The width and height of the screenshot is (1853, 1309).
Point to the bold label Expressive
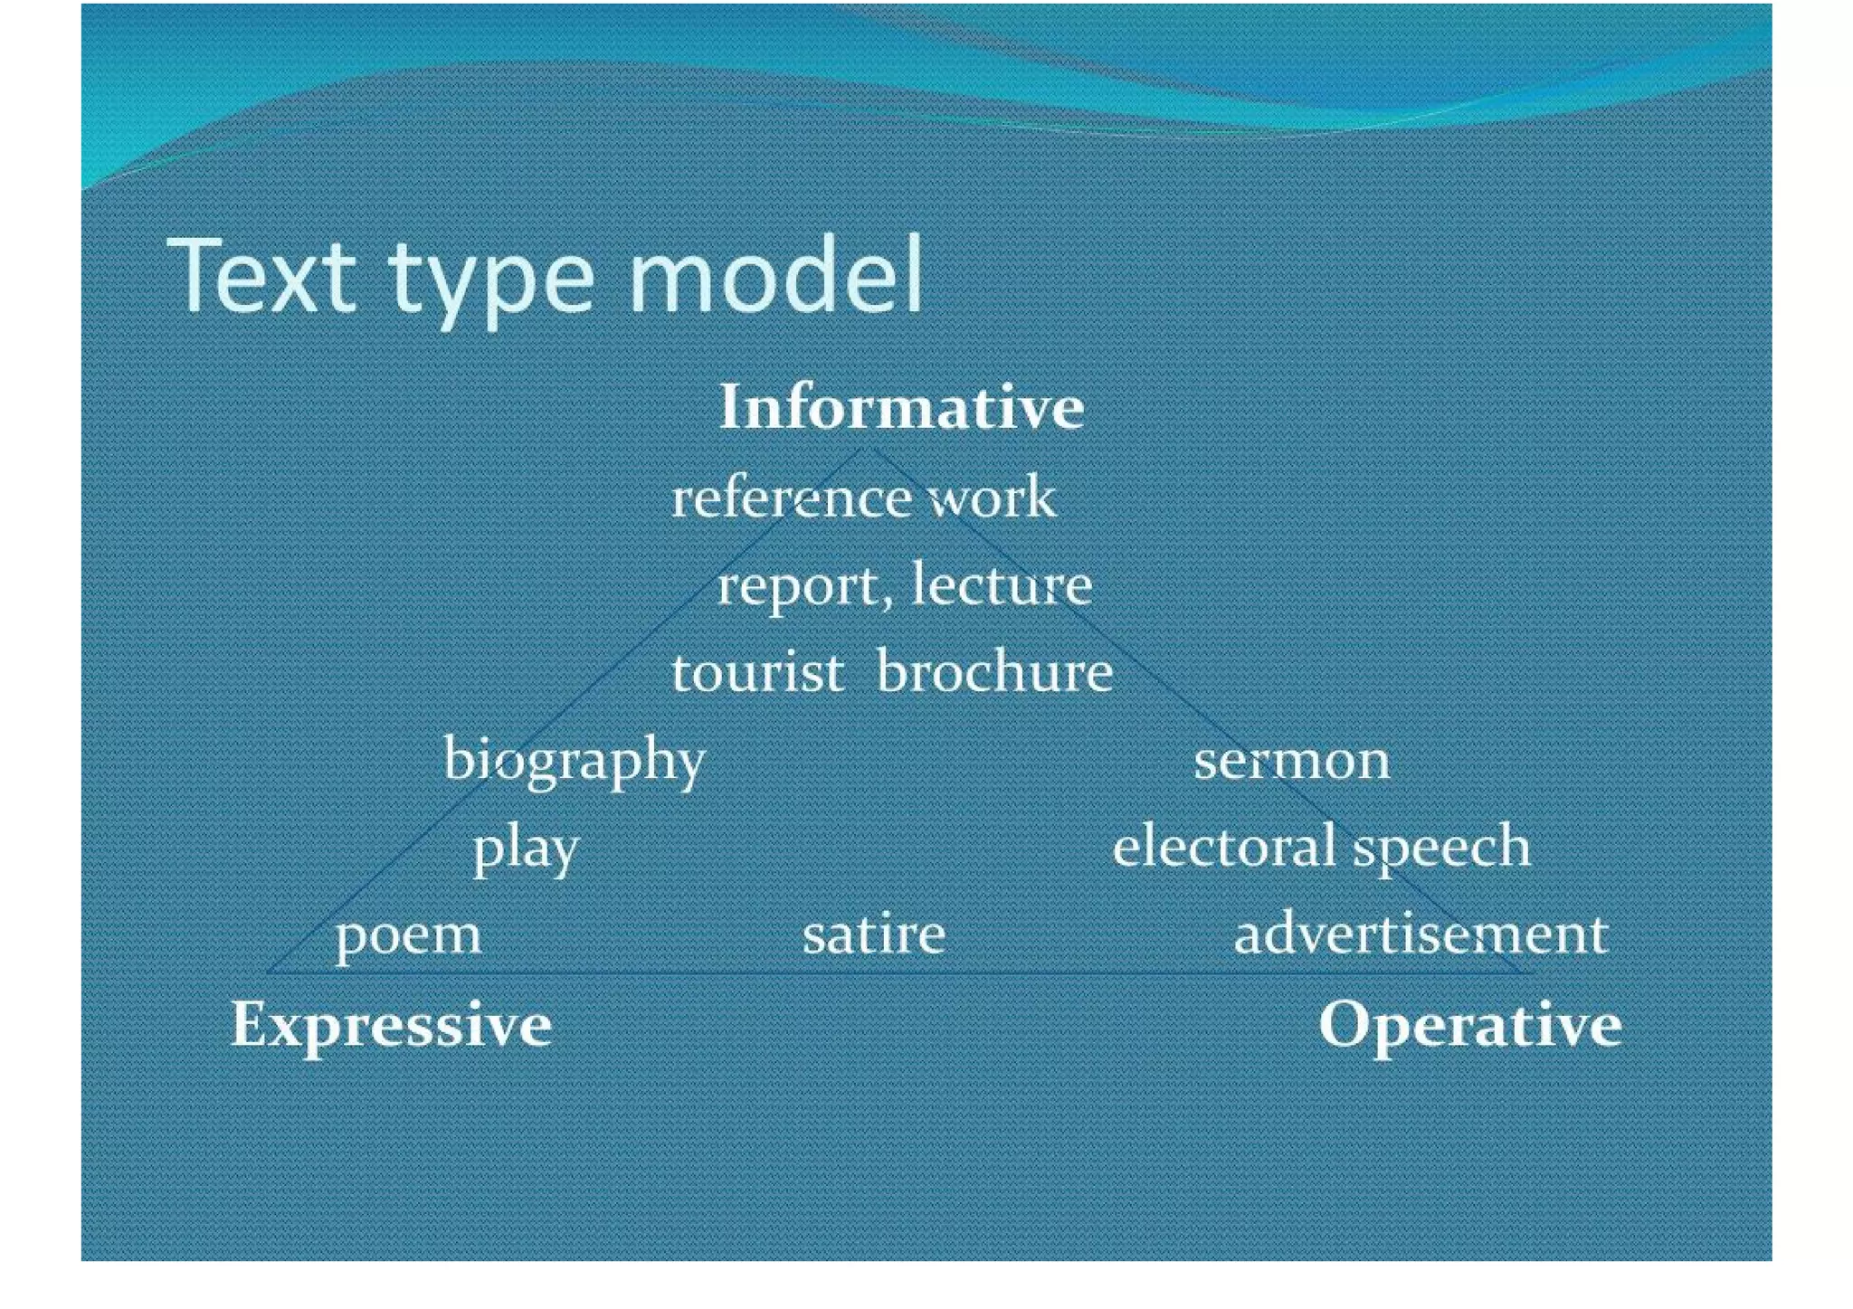pyautogui.click(x=391, y=1024)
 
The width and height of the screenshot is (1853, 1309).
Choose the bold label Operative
pyautogui.click(x=1469, y=1024)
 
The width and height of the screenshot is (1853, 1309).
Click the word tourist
pyautogui.click(x=757, y=672)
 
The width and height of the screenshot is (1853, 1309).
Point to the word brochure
pyautogui.click(x=995, y=672)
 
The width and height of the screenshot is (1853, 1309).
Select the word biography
pyautogui.click(x=574, y=760)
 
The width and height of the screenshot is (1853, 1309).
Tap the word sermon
pyautogui.click(x=1291, y=761)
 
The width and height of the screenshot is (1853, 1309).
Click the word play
pyautogui.click(x=526, y=849)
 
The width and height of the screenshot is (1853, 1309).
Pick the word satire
pyautogui.click(x=874, y=934)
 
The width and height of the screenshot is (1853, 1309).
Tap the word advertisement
pyautogui.click(x=1421, y=934)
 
